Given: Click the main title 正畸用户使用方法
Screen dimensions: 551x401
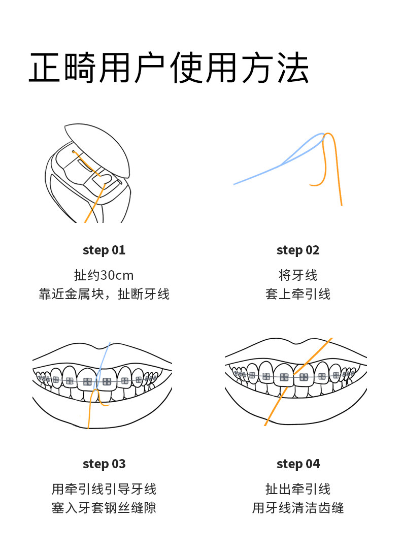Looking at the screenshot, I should click(169, 68).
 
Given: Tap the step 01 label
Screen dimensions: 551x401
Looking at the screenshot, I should click(104, 250).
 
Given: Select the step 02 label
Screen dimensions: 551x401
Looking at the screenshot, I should click(298, 250).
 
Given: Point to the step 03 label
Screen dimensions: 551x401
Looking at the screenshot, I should click(104, 464).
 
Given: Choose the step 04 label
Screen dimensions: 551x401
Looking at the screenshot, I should click(298, 464).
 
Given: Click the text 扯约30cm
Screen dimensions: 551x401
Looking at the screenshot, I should click(104, 275).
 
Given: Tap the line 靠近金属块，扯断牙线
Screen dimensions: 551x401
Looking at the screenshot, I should click(104, 294).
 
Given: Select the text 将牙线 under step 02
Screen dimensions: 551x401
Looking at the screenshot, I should click(298, 275).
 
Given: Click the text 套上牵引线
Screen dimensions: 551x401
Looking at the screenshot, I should click(298, 294).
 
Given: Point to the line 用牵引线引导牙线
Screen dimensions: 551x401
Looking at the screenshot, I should click(104, 489).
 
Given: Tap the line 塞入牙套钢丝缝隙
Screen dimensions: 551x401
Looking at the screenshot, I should click(104, 508).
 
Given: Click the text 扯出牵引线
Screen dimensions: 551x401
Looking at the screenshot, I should click(298, 489).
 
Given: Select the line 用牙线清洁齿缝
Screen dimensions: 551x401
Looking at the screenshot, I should click(298, 508).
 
